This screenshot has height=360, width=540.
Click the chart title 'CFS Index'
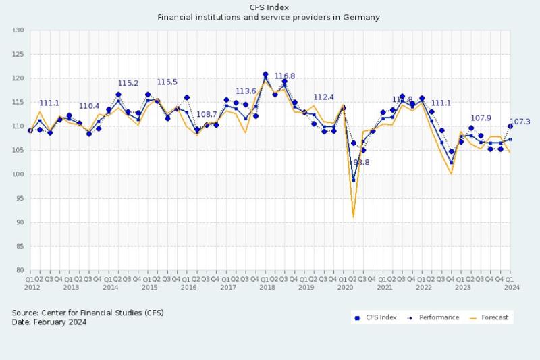[x=269, y=7]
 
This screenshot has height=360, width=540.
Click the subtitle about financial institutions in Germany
[x=269, y=18]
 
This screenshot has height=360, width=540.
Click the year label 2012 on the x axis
[x=31, y=287]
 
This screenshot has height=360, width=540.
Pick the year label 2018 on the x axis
[x=267, y=287]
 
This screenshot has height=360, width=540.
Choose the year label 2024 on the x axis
[x=510, y=287]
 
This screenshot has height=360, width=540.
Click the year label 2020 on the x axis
[x=345, y=287]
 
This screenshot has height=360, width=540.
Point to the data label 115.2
[x=128, y=84]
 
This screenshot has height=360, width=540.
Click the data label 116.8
[x=284, y=76]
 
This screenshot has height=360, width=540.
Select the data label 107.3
[x=519, y=122]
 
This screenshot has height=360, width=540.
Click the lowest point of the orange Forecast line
[x=353, y=217]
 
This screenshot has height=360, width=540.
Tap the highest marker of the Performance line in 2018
[x=265, y=74]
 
